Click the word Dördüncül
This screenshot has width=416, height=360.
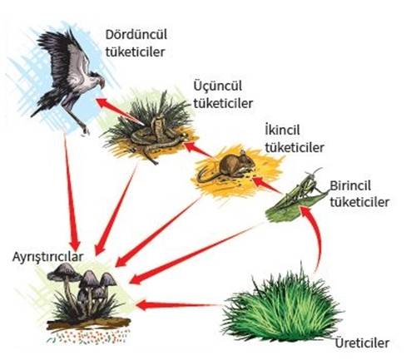coord(136,35)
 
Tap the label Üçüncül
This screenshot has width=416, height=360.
coord(218,86)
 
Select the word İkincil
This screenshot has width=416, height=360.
coord(282,130)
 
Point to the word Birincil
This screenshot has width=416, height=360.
coord(350,185)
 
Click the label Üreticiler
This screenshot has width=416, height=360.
coord(362,343)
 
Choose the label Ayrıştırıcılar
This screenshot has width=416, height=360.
coord(47,257)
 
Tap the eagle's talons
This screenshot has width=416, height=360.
coord(85,130)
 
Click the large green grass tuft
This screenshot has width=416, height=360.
coord(280,308)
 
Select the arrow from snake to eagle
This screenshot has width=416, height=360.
coord(119,110)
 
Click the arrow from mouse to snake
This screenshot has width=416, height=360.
coord(198,149)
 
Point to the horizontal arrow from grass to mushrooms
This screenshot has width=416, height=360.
coord(177,306)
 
